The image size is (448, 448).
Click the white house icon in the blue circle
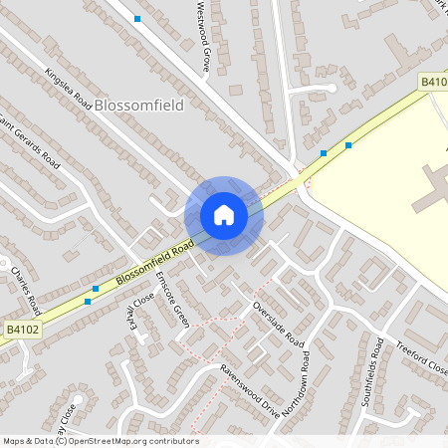click(223, 215)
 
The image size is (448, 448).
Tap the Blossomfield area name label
click(139, 105)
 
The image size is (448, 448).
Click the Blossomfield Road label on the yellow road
click(153, 263)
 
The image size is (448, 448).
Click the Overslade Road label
click(278, 323)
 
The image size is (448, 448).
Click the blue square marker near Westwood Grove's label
click(137, 19)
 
